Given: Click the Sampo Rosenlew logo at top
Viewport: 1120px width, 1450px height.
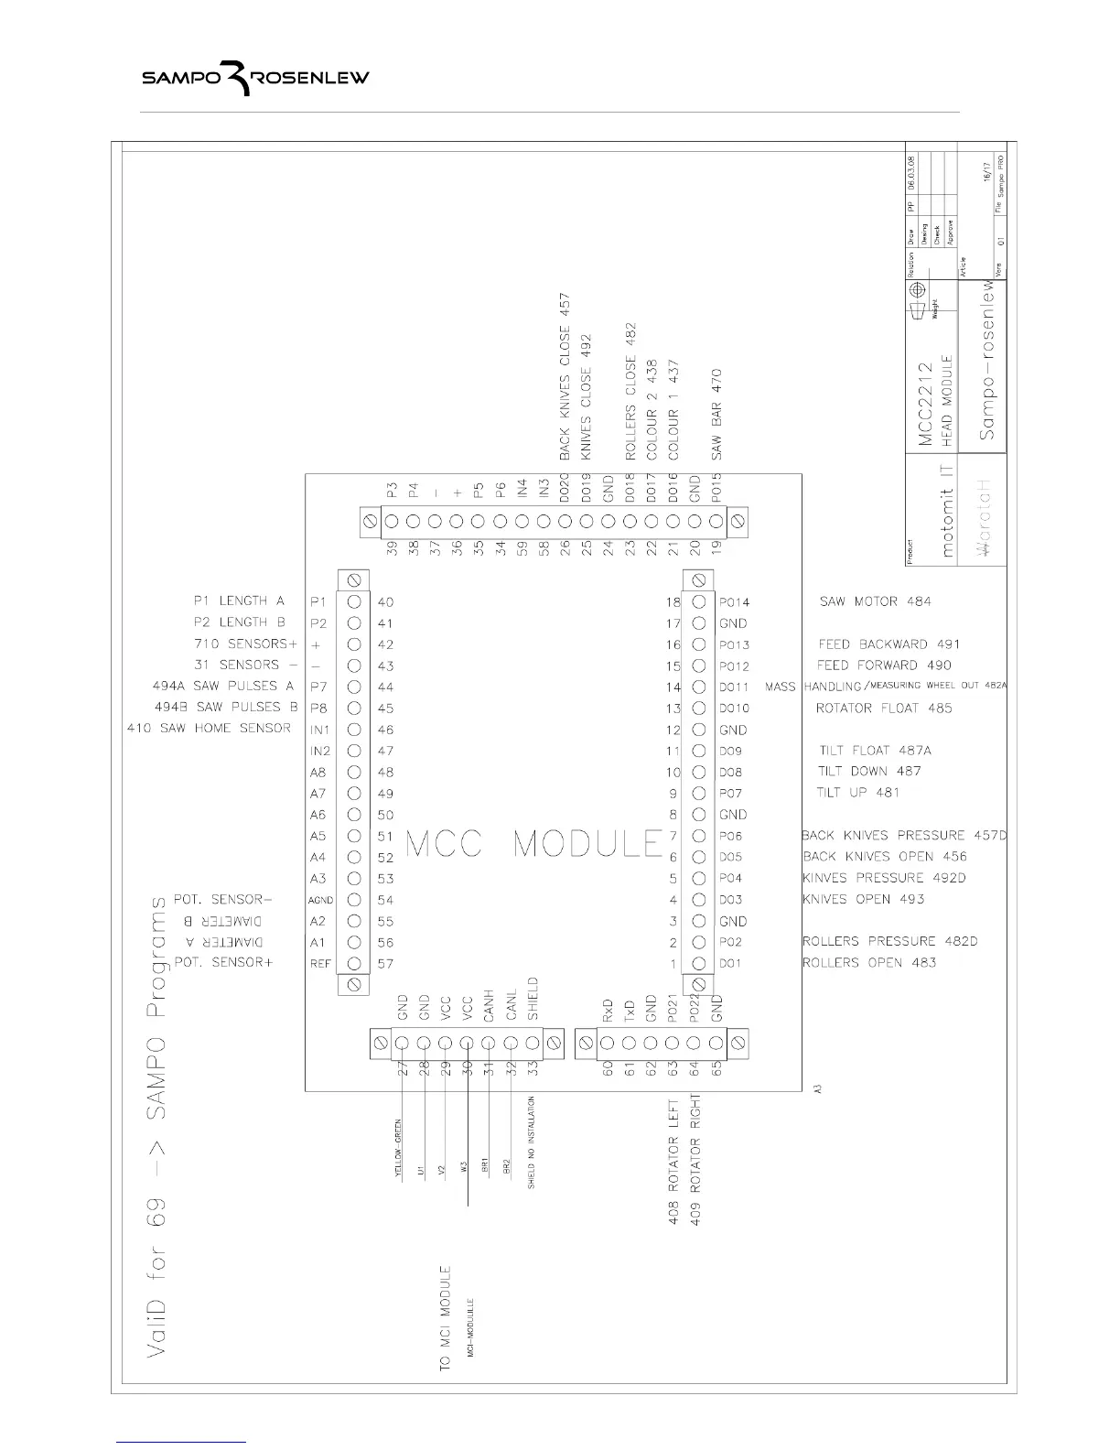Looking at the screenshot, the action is coord(255,79).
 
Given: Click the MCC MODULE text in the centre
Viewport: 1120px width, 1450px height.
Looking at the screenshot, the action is coord(533,844).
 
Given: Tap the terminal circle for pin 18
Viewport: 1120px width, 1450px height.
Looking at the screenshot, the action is coord(699,602).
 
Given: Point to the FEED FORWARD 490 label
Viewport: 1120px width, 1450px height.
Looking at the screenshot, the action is coord(884,665).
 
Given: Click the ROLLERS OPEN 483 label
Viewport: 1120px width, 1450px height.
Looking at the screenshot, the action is coord(868,963).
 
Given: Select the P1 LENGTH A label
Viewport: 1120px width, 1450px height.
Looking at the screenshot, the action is coord(239,601).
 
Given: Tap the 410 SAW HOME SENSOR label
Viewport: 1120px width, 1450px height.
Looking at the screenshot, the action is coord(209,729).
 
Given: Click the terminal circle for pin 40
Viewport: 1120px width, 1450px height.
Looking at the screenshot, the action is coord(354,602).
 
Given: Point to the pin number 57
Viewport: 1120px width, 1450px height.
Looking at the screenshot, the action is coord(385,964).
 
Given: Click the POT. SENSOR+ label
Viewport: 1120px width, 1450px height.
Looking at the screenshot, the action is coord(223,963).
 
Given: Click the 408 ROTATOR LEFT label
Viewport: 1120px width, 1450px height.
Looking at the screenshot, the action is coord(673,1163).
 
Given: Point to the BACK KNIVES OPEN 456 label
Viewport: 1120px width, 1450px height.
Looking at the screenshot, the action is coord(884,857).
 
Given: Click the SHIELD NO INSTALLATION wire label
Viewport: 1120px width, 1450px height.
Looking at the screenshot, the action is coord(532,1142).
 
